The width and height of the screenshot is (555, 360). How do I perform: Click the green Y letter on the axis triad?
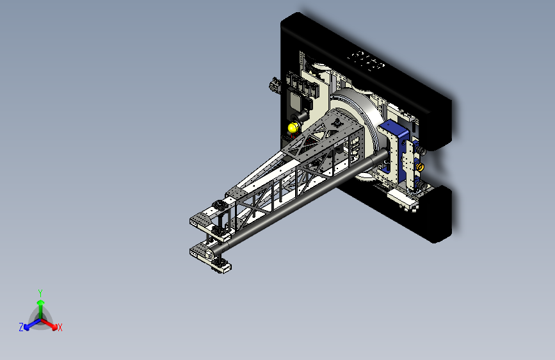click(40, 293)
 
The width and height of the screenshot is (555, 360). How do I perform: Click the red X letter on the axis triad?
click(60, 328)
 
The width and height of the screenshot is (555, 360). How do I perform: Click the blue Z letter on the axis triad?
click(21, 327)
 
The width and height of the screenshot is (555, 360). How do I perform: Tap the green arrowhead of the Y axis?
click(41, 302)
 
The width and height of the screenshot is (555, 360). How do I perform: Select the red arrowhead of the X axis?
click(54, 327)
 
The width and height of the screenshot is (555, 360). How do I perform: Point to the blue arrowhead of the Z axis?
click(26, 327)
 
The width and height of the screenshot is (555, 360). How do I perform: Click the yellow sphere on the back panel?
click(293, 128)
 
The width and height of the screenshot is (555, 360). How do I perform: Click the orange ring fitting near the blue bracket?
click(420, 167)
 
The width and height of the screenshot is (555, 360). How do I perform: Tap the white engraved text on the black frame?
click(366, 61)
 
